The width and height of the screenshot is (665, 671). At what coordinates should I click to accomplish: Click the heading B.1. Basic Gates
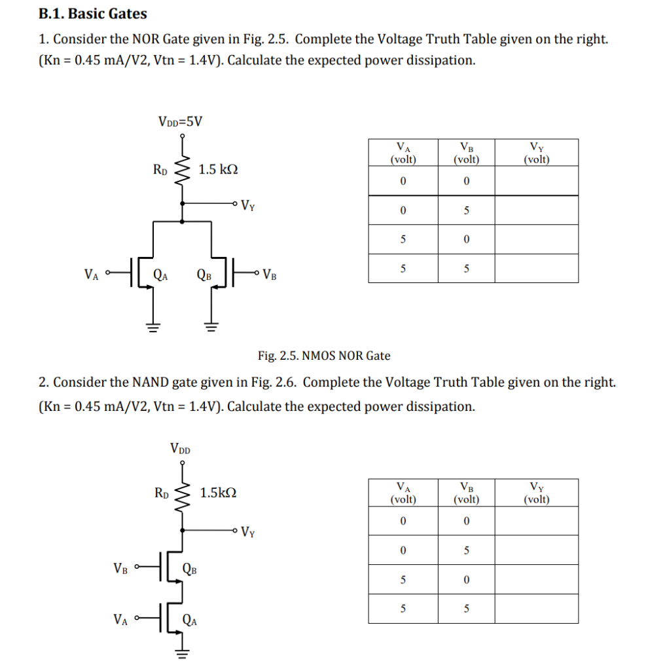click(x=93, y=14)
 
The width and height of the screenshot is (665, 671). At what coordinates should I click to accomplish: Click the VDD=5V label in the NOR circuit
click(x=181, y=121)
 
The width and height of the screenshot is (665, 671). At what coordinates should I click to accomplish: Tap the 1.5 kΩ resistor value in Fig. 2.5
click(x=218, y=170)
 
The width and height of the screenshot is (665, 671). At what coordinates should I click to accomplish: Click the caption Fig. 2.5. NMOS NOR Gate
click(x=324, y=356)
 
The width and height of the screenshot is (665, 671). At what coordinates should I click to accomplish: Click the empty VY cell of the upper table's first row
click(x=536, y=181)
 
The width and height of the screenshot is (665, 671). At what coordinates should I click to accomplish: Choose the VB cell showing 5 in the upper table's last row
click(x=466, y=269)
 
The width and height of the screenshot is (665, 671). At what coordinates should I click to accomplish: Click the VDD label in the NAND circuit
click(x=180, y=449)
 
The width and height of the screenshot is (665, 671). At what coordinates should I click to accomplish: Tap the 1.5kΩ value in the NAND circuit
click(x=218, y=493)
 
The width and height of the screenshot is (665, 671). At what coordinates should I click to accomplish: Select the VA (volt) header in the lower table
click(x=403, y=493)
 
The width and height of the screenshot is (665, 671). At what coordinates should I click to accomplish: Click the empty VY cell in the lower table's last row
click(x=536, y=609)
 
